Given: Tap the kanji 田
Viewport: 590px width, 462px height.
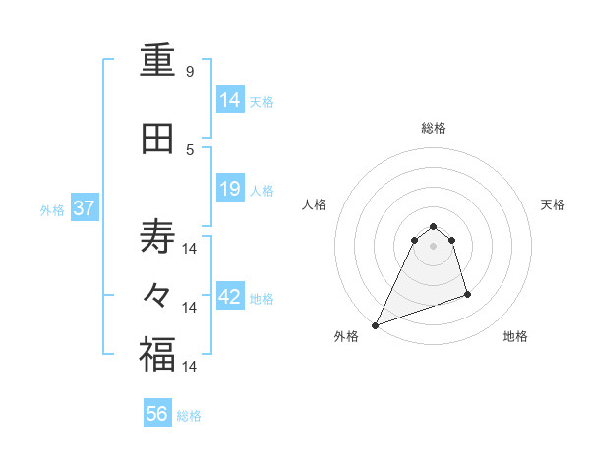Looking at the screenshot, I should click(157, 141).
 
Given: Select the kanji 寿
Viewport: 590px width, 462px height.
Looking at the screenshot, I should click(157, 236).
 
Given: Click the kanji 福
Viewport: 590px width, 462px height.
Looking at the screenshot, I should click(157, 355).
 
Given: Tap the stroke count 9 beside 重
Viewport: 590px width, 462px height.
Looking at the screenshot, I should click(190, 72).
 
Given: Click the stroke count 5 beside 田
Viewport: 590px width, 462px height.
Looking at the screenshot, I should click(190, 150).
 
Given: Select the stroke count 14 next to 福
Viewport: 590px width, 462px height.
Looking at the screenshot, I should click(190, 366).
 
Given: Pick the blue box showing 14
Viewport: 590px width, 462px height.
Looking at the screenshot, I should click(230, 99).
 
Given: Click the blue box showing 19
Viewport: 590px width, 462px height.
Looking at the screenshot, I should click(230, 189).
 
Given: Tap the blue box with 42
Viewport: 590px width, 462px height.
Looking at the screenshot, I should click(230, 298).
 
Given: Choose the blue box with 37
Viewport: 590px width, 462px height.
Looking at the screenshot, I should click(84, 208).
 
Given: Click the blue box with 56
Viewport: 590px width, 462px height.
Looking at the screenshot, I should click(157, 414).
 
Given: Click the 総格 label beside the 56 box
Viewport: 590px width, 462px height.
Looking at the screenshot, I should click(189, 416).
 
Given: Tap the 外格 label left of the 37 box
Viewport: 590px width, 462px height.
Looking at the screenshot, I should click(52, 209).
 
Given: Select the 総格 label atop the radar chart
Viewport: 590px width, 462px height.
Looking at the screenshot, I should click(433, 128).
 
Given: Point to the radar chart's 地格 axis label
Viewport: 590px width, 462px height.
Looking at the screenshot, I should click(515, 336).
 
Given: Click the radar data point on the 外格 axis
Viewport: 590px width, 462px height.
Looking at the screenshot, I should click(375, 325).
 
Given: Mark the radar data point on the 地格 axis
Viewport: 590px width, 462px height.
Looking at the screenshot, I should click(467, 294).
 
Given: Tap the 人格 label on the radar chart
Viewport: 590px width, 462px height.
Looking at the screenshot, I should click(315, 204).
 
